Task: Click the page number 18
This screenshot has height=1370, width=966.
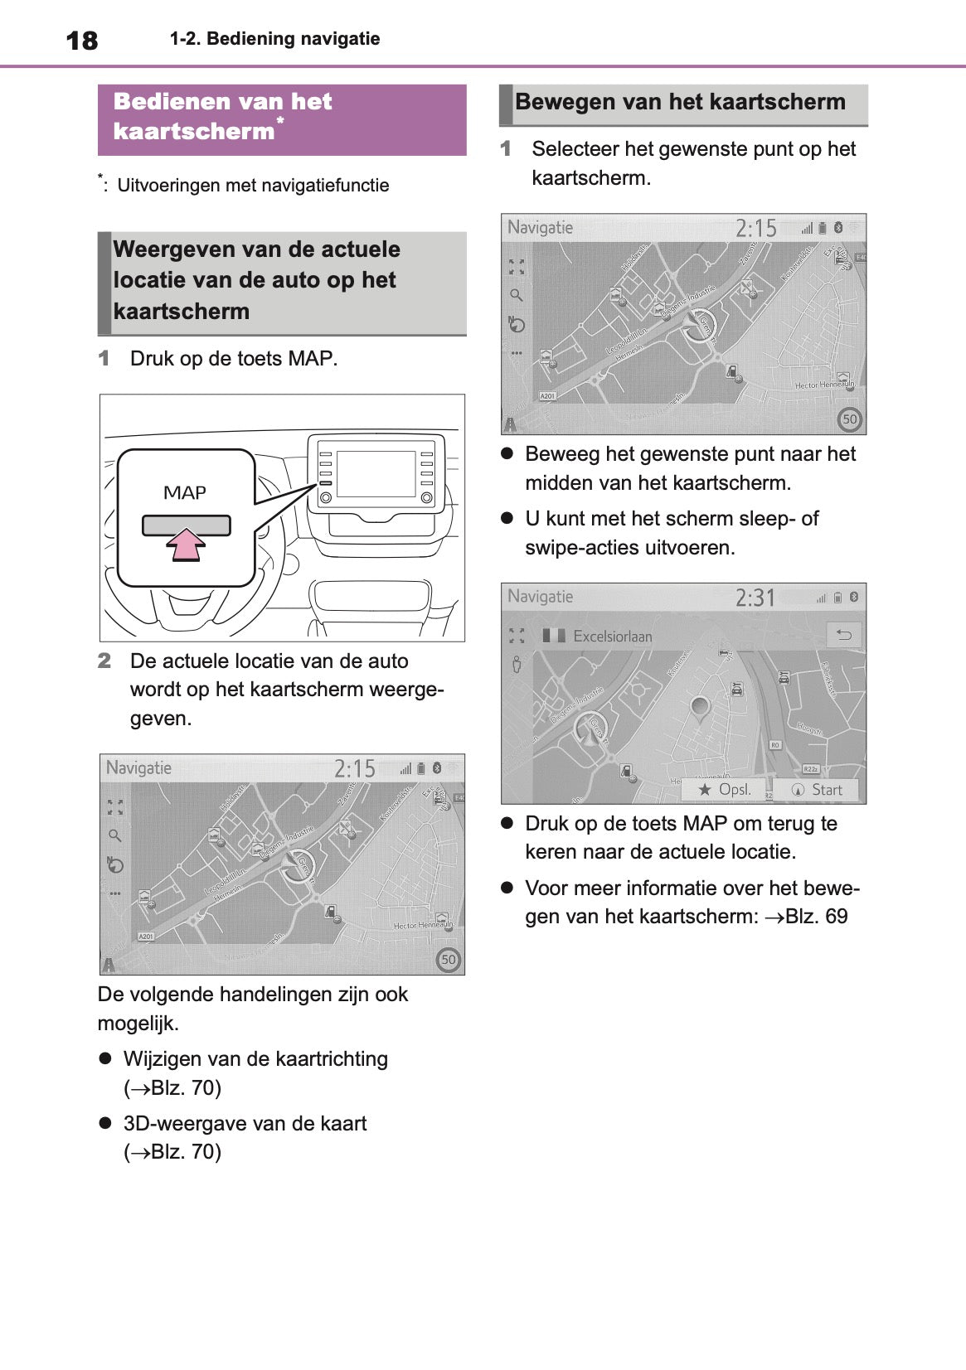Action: point(81,40)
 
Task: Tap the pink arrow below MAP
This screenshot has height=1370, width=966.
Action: point(186,545)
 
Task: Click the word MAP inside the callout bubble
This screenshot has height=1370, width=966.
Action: point(185,493)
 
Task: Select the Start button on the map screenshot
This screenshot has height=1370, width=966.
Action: point(817,790)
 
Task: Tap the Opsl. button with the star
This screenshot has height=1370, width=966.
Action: point(725,790)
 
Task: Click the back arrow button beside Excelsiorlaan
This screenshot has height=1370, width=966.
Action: point(844,635)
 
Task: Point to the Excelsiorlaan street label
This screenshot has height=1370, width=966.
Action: point(612,637)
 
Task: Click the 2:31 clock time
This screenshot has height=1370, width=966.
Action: point(755,598)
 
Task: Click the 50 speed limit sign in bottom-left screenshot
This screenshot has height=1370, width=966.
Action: point(449,960)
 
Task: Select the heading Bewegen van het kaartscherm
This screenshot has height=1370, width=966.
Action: point(680,102)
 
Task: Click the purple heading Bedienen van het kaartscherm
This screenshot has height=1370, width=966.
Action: point(222,116)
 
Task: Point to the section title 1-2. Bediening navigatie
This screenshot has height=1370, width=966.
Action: point(274,39)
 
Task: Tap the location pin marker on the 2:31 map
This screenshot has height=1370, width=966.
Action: point(701,707)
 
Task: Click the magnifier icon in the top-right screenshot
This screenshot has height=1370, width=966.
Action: point(516,295)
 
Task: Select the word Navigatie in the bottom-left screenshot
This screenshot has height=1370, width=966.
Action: point(138,768)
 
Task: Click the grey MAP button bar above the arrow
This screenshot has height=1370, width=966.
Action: point(186,525)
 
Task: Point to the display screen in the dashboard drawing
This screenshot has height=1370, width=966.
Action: point(376,474)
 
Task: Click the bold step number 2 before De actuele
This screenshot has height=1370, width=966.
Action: point(104,661)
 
